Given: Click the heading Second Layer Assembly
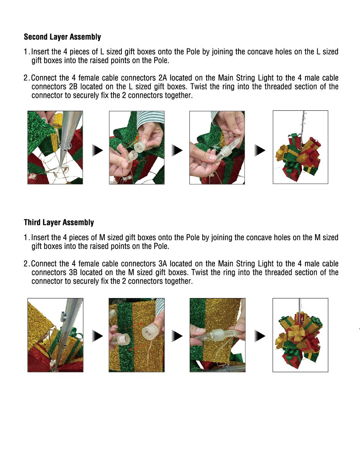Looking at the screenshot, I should point(62,37).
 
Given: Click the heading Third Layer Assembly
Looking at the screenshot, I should point(59,223).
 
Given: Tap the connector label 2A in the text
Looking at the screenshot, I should point(163,78).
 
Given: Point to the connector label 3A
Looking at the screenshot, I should point(163,264).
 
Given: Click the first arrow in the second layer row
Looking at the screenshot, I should point(98,151).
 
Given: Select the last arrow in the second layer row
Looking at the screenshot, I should point(260,151).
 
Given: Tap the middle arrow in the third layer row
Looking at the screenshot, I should point(177,336).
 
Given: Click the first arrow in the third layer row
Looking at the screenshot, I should point(98,336).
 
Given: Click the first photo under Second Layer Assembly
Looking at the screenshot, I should point(55,148).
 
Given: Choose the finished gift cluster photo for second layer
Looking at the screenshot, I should point(300,147).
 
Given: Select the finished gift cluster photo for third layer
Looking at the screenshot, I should point(300,335).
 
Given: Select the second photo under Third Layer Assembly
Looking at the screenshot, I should point(136,335).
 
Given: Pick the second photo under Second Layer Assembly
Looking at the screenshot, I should point(136,148).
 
